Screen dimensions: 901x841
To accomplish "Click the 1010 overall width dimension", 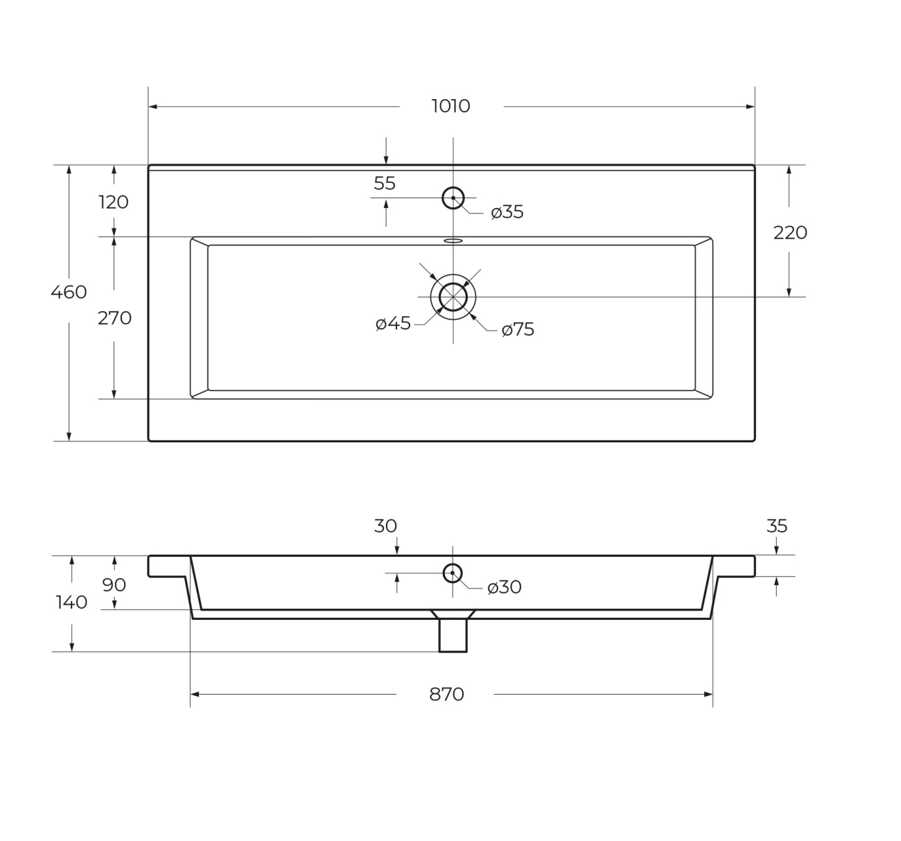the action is point(450,106).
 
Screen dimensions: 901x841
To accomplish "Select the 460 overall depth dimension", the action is point(69,292).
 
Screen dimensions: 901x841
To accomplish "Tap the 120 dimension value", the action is point(114,202).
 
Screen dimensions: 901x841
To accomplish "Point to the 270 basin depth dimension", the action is point(114,318).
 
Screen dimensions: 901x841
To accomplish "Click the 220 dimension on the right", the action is point(790,233).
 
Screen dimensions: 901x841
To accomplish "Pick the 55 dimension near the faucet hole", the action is point(385,183).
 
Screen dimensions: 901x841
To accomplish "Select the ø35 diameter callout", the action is point(507,212).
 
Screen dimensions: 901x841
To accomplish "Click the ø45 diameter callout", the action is point(394,324).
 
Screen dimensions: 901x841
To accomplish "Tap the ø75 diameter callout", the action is point(518,329).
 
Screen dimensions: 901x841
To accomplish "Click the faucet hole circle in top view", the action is point(453,187).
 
